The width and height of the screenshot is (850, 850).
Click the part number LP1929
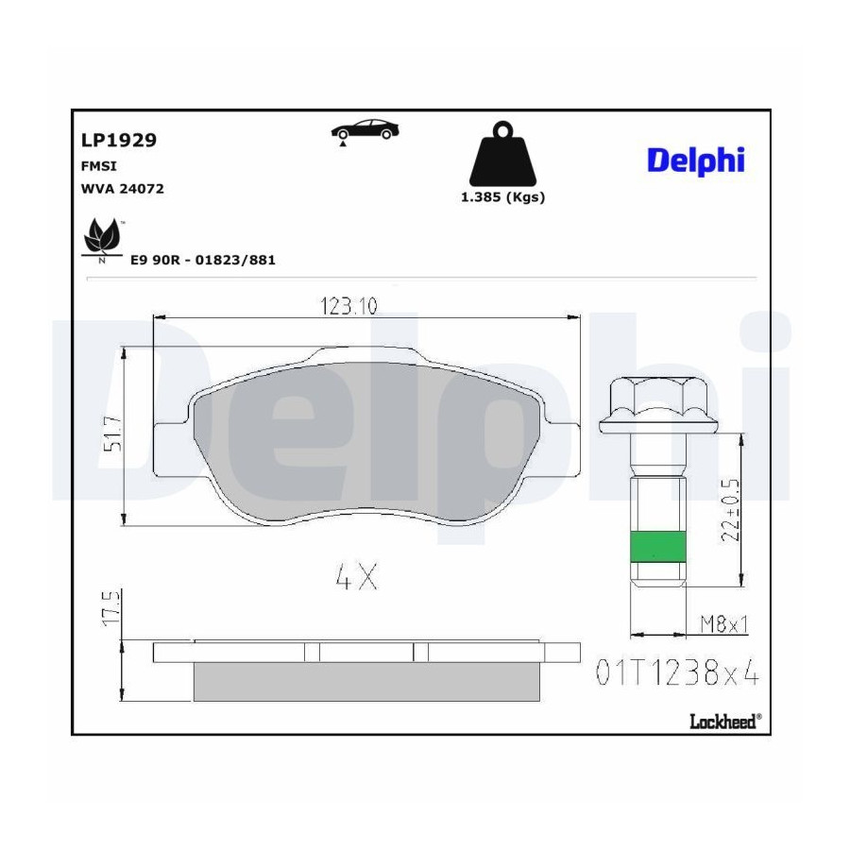click(119, 140)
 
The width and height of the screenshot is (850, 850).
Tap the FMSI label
click(98, 166)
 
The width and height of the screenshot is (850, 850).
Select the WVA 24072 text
click(123, 189)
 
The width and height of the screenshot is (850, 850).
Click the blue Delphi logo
click(696, 161)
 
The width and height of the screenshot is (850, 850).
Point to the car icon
click(365, 131)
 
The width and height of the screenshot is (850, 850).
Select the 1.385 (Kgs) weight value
click(503, 196)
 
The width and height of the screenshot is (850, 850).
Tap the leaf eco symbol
click(102, 240)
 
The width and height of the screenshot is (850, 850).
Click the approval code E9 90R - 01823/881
click(203, 261)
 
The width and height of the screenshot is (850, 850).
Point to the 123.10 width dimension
click(348, 306)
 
